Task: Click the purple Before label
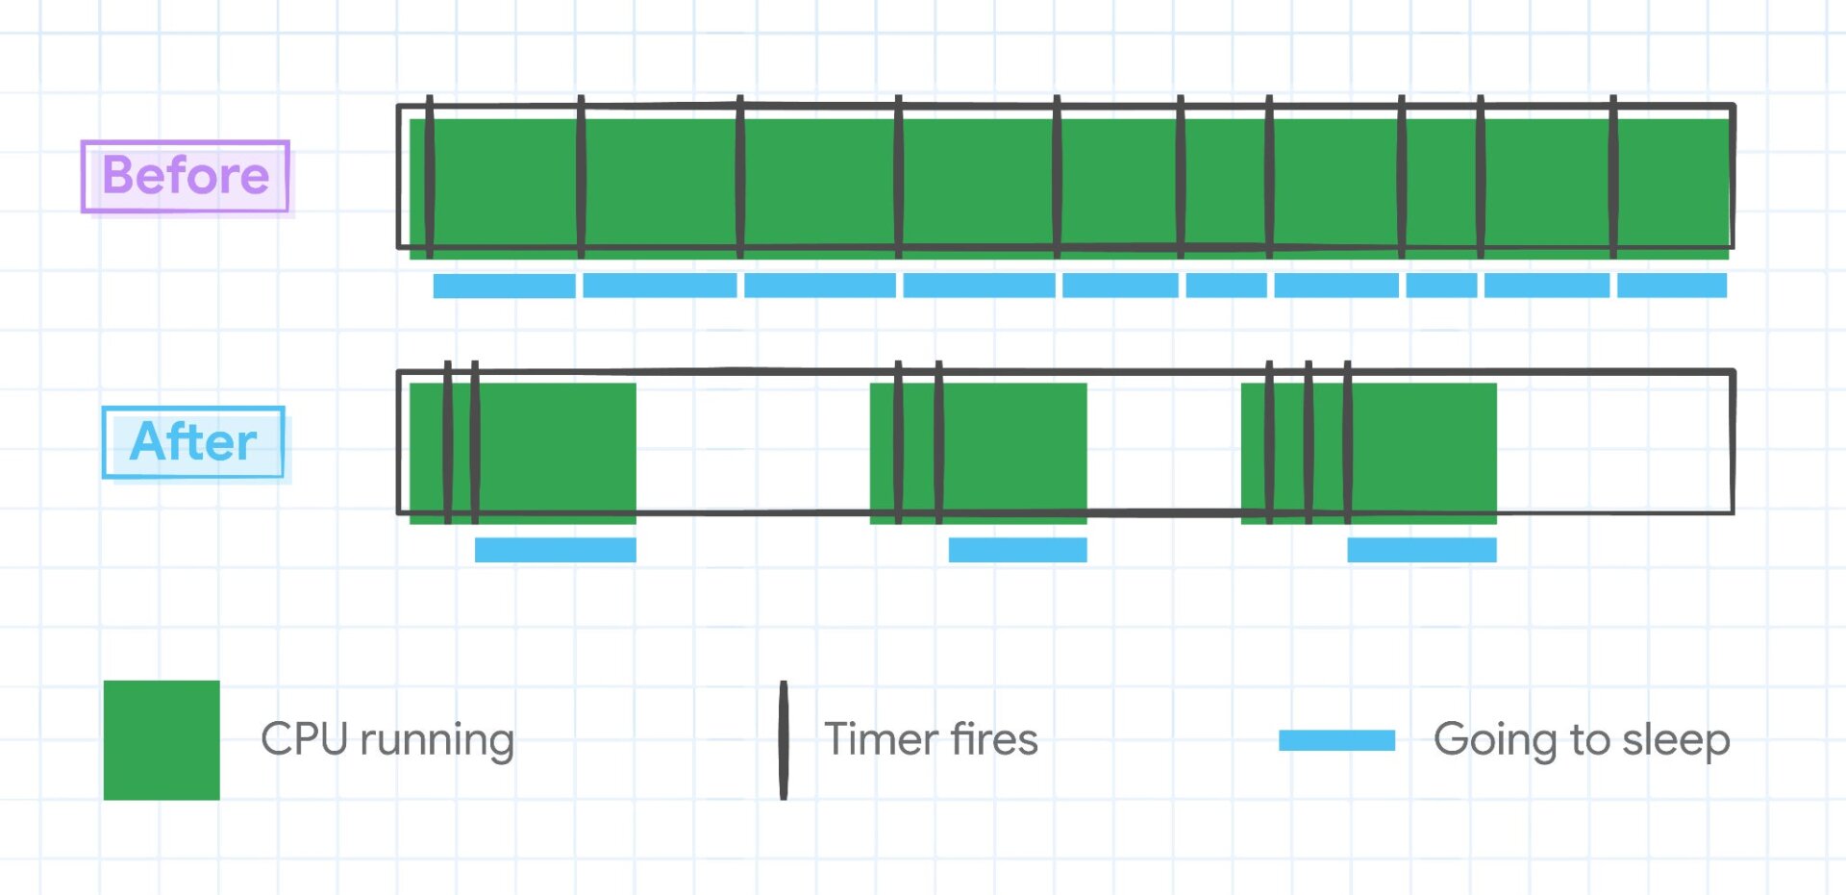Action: pyautogui.click(x=186, y=176)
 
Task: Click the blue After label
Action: pyautogui.click(x=193, y=442)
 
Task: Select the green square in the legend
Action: pyautogui.click(x=162, y=739)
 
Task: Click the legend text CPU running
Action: pyautogui.click(x=387, y=739)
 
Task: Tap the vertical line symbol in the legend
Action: pyautogui.click(x=784, y=739)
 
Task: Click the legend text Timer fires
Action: pyautogui.click(x=931, y=739)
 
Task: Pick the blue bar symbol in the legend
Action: pyautogui.click(x=1336, y=739)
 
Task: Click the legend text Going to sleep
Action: pyautogui.click(x=1582, y=739)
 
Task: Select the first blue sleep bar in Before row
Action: pyautogui.click(x=504, y=286)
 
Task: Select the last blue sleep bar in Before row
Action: pyautogui.click(x=1671, y=286)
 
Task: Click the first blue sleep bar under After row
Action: pyautogui.click(x=555, y=550)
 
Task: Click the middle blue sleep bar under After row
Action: pyautogui.click(x=1017, y=550)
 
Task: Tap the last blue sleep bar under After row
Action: pyautogui.click(x=1421, y=550)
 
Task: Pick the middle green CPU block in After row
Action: pyautogui.click(x=1010, y=452)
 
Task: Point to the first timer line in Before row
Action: pyautogui.click(x=429, y=178)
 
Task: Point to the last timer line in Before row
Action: pyautogui.click(x=1613, y=178)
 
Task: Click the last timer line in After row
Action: pyautogui.click(x=1348, y=442)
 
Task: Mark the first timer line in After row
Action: pyautogui.click(x=448, y=442)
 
